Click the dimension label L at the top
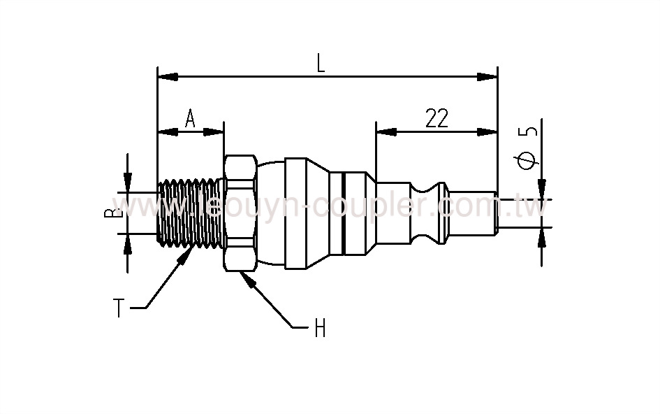click(x=321, y=63)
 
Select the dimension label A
click(x=190, y=119)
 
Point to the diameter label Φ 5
click(x=529, y=148)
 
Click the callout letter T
click(x=119, y=308)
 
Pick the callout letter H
click(x=320, y=328)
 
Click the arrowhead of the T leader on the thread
click(x=189, y=250)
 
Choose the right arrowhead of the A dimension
click(x=214, y=131)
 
